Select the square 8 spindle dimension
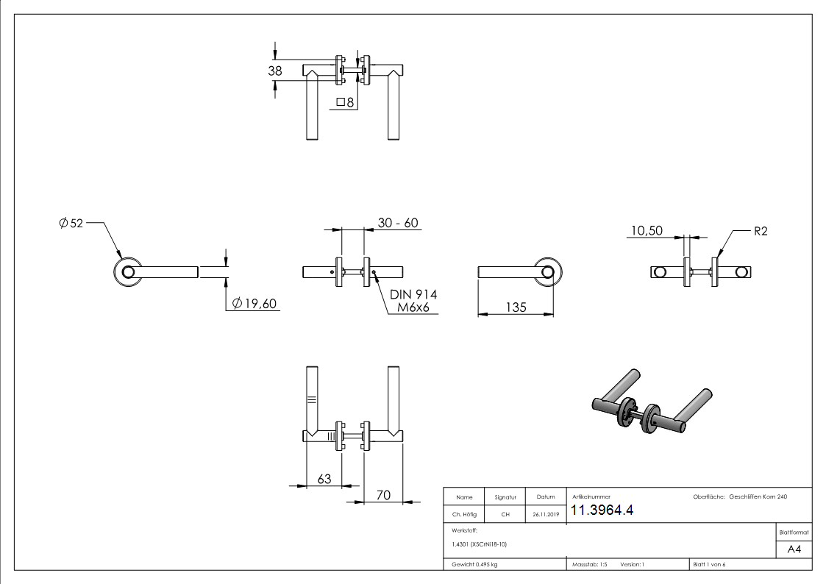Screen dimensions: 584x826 coord(345,102)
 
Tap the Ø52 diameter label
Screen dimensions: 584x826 coord(71,223)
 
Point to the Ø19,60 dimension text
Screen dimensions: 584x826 coord(254,304)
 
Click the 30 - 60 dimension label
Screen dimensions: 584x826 coord(398,223)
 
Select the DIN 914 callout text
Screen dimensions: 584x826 coord(413,295)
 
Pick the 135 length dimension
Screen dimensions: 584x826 coord(515,307)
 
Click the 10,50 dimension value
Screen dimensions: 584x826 coord(646,230)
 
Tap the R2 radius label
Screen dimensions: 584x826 coord(761,231)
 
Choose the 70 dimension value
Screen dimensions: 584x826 coord(383,496)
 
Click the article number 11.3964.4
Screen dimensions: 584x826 coord(602,511)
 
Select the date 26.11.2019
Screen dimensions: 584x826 coord(546,515)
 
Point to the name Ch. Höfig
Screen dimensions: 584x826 coord(464,515)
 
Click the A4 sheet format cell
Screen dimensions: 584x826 coord(794,549)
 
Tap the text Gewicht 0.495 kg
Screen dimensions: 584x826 coord(475,564)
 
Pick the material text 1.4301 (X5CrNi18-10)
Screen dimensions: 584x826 coord(480,544)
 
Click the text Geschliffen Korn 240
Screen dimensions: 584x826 coord(758,497)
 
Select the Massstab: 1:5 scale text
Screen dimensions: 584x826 coord(589,564)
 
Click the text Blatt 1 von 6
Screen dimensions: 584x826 coord(709,564)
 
